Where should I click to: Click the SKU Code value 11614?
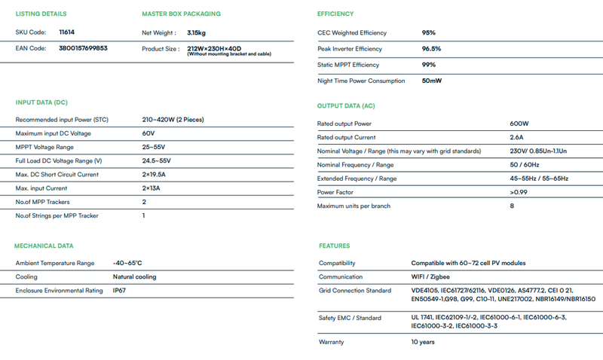click(66, 32)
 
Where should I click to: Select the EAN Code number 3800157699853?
click(83, 48)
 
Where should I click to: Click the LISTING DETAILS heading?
click(41, 14)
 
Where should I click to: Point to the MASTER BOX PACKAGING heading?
click(181, 14)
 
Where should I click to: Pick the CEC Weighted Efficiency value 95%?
click(429, 33)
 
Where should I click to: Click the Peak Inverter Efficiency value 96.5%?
click(431, 49)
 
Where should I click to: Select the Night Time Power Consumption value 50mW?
click(432, 81)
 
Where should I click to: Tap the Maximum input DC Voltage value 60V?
click(148, 133)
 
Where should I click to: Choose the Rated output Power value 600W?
click(519, 124)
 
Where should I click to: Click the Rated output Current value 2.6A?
click(518, 137)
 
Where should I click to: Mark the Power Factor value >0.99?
click(519, 192)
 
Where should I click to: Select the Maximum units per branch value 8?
click(512, 206)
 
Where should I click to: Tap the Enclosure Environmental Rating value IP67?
click(120, 291)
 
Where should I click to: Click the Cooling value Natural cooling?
click(135, 277)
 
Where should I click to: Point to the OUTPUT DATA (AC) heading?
click(346, 106)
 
